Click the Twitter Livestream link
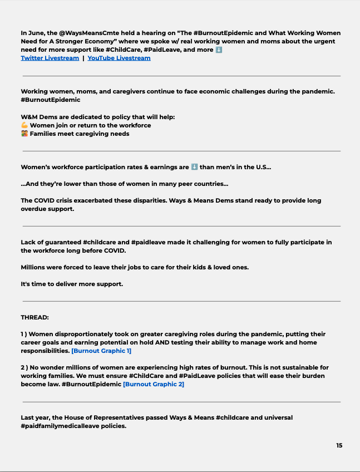pos(50,58)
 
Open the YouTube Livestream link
pos(119,58)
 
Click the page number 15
pos(339,445)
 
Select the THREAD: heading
pos(34,317)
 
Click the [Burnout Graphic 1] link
pos(101,351)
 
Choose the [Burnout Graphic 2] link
pos(153,384)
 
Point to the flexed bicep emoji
pos(24,125)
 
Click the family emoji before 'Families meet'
pos(24,134)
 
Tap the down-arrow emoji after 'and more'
pos(219,50)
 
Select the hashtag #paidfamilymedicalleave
pos(73,426)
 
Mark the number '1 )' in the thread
pos(24,335)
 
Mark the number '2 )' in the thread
pos(25,368)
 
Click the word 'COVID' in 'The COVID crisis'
pos(47,200)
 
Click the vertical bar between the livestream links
pos(83,58)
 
